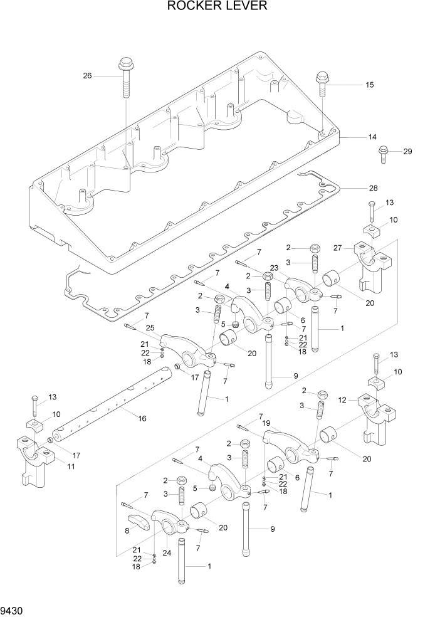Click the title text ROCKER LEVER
[217, 7]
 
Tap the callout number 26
[87, 76]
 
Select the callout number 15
[369, 84]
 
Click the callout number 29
[407, 152]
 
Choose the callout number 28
[373, 188]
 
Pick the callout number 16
[142, 418]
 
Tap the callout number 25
[150, 328]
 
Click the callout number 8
[128, 530]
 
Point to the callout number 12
[342, 400]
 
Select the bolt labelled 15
[323, 82]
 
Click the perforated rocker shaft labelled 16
[113, 408]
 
